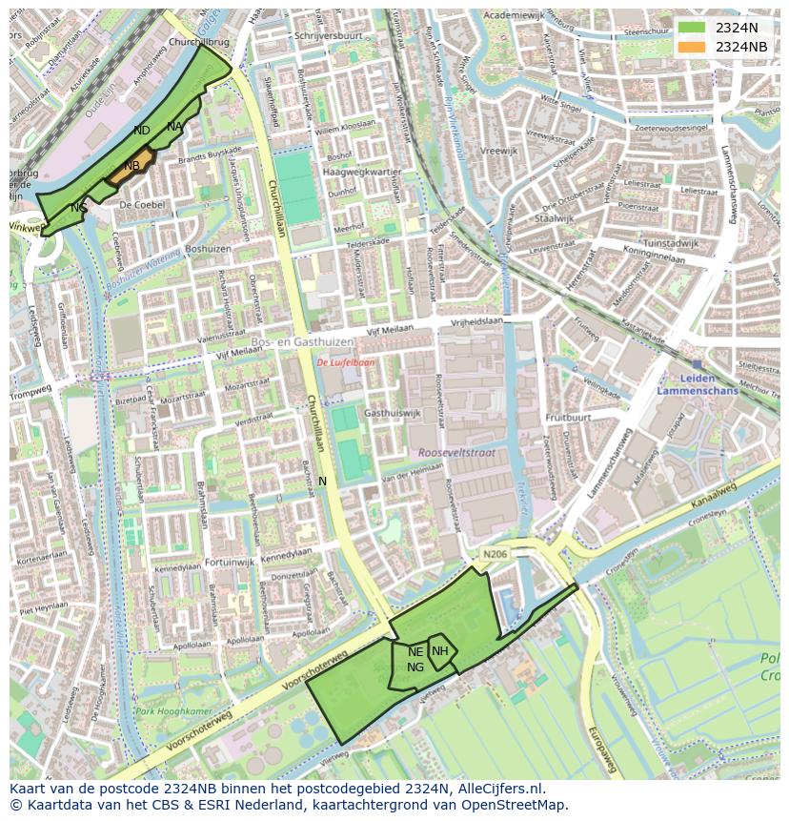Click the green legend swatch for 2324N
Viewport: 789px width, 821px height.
tap(692, 28)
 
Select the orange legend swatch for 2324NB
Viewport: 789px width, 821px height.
tap(692, 47)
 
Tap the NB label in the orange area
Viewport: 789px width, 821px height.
tap(132, 166)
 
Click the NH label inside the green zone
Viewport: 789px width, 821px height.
tap(439, 651)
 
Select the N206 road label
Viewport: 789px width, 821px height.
tap(496, 554)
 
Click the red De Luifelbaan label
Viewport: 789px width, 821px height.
tap(346, 362)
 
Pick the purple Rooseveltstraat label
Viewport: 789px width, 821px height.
tap(456, 453)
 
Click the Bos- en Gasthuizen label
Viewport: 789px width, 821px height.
tap(303, 341)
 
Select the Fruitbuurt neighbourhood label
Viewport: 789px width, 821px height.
tap(568, 418)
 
